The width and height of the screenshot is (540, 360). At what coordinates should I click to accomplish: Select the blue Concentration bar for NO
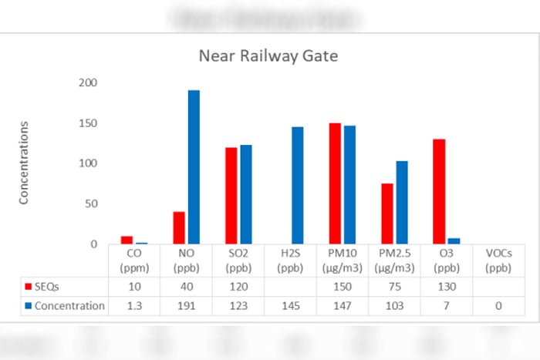click(x=194, y=167)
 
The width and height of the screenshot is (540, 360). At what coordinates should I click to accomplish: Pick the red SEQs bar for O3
click(x=439, y=192)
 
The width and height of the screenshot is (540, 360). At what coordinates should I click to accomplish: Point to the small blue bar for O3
click(x=454, y=241)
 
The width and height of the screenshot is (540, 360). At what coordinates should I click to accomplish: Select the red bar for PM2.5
click(x=387, y=214)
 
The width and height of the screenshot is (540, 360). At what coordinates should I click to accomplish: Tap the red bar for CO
click(x=127, y=240)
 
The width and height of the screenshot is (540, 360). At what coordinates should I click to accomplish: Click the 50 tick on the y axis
click(x=90, y=204)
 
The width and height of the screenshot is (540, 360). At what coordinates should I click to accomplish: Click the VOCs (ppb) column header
click(x=498, y=260)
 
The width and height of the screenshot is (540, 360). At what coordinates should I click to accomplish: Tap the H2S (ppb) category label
click(x=290, y=260)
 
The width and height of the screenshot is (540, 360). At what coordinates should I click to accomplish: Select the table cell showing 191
click(x=186, y=306)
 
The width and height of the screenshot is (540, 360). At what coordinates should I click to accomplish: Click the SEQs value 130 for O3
click(x=447, y=286)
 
